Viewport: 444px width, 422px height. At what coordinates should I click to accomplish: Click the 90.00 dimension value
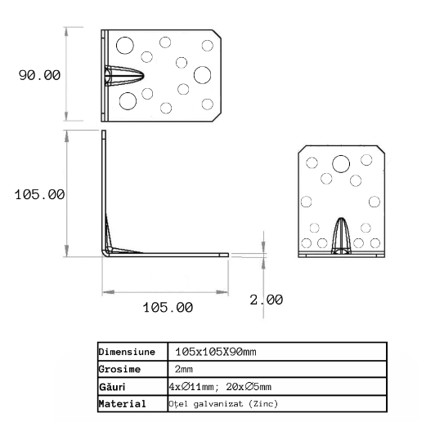(39, 75)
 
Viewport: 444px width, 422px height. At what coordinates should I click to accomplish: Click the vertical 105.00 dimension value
(39, 195)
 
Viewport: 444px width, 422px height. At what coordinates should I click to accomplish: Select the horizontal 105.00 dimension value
(168, 307)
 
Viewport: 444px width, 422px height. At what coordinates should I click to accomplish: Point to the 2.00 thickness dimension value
(267, 300)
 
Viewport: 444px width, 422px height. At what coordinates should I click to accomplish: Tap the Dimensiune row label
(127, 352)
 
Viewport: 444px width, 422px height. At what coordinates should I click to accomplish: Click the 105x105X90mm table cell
(216, 352)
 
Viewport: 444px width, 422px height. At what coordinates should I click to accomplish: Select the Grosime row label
(119, 369)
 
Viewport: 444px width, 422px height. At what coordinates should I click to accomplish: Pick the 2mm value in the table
(184, 369)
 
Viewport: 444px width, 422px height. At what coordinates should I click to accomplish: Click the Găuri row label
(112, 386)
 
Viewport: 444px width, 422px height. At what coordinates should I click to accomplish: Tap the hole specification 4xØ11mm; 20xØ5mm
(220, 386)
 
